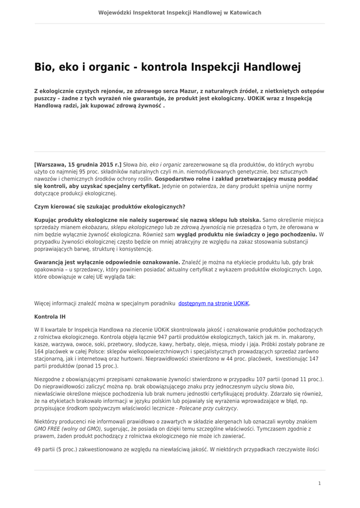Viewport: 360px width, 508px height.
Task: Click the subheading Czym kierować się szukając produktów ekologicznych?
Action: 110,206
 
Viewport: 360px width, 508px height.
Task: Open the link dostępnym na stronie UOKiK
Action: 214,303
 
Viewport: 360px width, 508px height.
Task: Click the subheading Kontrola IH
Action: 50,317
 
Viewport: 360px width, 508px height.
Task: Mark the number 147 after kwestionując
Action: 314,358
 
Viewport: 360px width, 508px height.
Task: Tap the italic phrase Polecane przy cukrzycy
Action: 208,408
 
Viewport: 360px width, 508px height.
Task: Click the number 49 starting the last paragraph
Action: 38,449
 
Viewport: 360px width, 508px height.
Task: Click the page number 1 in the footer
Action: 319,483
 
